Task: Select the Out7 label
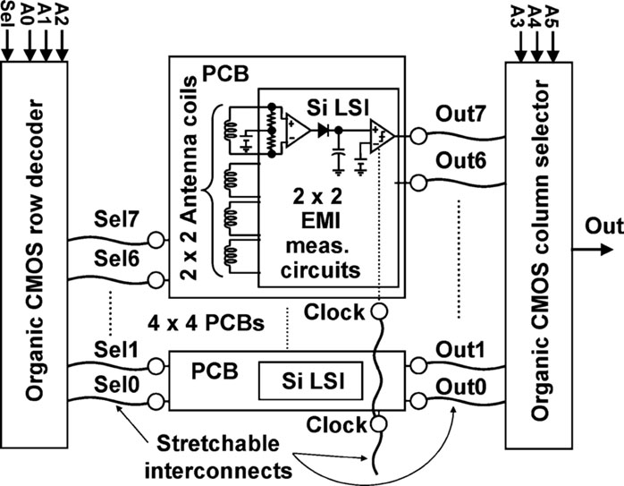point(459,115)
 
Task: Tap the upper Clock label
point(333,311)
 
